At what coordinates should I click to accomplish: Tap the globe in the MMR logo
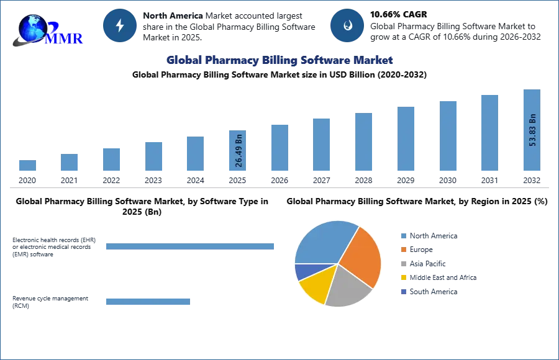tap(32, 29)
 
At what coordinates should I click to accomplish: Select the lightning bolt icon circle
tap(120, 25)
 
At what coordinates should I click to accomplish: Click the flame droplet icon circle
tap(347, 25)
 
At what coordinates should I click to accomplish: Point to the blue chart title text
tap(279, 60)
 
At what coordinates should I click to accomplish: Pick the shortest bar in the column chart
tap(27, 166)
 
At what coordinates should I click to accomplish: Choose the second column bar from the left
tap(70, 164)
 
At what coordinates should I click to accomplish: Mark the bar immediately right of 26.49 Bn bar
tap(278, 149)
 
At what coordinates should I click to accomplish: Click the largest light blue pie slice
tap(323, 242)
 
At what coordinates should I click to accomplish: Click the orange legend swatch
tap(403, 250)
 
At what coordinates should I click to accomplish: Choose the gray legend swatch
tap(403, 264)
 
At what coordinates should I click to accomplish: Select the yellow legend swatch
tap(403, 278)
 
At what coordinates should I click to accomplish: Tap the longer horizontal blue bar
tap(191, 248)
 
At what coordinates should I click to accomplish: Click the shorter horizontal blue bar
tap(148, 303)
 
